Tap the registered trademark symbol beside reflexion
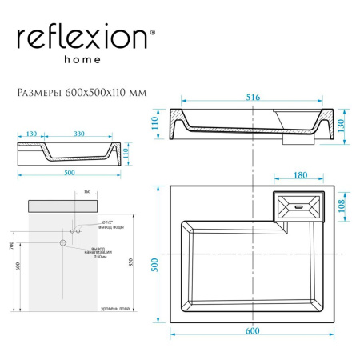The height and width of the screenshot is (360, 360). (154, 32)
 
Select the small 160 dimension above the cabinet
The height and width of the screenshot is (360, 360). (86, 193)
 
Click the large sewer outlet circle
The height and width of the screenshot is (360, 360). (61, 241)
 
